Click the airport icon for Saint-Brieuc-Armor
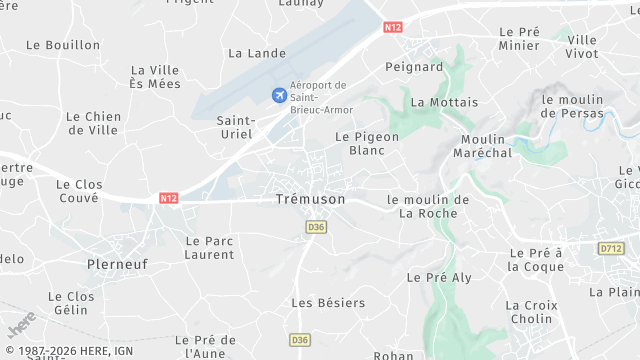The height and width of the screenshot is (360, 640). [x=278, y=95]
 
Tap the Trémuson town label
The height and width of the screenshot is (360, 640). [x=310, y=200]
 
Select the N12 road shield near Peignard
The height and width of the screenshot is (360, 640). [x=392, y=28]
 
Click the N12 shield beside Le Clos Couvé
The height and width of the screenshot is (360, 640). [x=168, y=199]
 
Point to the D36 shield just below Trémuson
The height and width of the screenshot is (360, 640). [x=316, y=227]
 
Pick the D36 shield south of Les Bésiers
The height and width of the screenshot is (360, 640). [x=300, y=340]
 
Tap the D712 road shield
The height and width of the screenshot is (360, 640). [x=610, y=248]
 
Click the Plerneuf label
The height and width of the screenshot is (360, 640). [x=118, y=264]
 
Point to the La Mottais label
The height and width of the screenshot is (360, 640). [x=444, y=102]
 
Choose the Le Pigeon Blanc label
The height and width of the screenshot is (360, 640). [x=367, y=143]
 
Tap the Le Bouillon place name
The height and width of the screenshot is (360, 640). [x=63, y=45]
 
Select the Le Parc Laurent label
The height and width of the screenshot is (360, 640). [x=210, y=248]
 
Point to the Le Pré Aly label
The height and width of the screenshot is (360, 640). [x=439, y=276]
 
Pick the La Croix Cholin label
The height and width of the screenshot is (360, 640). [x=529, y=312]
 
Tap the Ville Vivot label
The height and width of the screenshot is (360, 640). [x=582, y=46]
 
